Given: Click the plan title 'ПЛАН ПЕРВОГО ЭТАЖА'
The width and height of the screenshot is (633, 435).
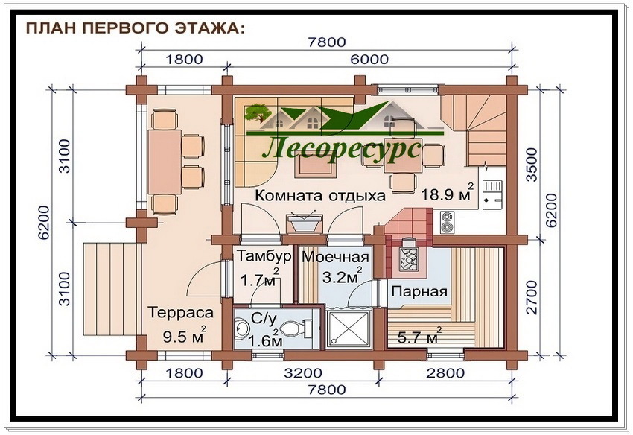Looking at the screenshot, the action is tap(135, 28).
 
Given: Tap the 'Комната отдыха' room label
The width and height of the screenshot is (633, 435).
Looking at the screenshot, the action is tap(320, 195).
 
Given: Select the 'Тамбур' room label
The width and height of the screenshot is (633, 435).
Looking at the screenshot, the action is tap(264, 255).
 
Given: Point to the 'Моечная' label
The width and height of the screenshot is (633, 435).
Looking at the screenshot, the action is tap(335, 257).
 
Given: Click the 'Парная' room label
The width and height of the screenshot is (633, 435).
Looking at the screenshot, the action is tap(419, 292).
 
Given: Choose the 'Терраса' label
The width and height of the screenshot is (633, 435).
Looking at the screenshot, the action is tap(180, 313).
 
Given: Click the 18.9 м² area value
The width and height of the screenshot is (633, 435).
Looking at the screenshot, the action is tap(447, 193).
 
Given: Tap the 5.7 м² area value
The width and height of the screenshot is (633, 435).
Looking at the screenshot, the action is tap(419, 335).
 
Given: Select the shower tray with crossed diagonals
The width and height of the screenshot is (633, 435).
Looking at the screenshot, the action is tap(349, 328).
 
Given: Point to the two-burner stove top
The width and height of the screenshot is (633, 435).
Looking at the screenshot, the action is tap(447, 222).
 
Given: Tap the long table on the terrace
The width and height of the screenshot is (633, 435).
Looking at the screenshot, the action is tap(164, 162).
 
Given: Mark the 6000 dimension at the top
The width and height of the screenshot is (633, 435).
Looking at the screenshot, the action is tap(369, 60).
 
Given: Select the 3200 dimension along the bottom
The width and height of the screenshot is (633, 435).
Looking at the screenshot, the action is tap(303, 372).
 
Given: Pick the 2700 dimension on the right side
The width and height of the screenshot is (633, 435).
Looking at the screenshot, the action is tap(532, 297).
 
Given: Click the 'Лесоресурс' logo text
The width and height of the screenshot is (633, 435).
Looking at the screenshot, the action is tap(342, 149).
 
